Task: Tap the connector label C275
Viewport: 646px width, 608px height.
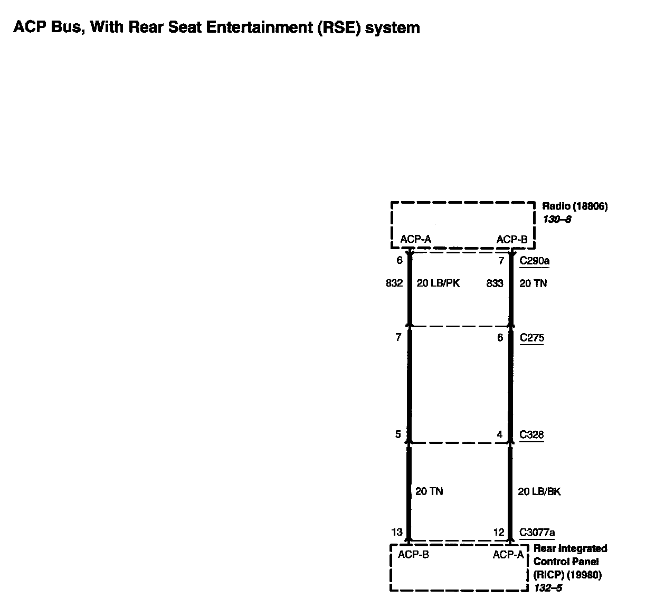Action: point(531,338)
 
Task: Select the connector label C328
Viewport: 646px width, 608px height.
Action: point(531,435)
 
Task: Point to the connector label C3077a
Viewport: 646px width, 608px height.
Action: point(537,533)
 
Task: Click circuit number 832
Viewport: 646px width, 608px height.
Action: point(394,283)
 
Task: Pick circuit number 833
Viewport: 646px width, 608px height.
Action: point(495,283)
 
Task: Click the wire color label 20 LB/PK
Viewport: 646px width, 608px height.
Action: point(438,283)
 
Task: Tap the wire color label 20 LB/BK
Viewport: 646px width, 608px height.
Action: point(539,491)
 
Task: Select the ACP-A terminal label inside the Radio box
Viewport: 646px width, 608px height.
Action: point(415,240)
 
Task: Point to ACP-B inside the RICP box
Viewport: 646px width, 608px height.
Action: point(413,555)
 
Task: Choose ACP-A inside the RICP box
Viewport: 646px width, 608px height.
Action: point(508,555)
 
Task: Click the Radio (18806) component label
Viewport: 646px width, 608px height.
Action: point(575,206)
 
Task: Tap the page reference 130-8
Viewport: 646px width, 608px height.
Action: point(557,220)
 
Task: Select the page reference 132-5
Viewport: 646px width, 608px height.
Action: point(548,587)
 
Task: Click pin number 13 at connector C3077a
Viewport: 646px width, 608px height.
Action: point(397,533)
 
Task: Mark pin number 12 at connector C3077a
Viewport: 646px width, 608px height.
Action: point(499,533)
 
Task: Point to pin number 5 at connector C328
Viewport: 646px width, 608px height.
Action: point(398,435)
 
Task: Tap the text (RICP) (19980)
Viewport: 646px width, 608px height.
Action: point(567,575)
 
